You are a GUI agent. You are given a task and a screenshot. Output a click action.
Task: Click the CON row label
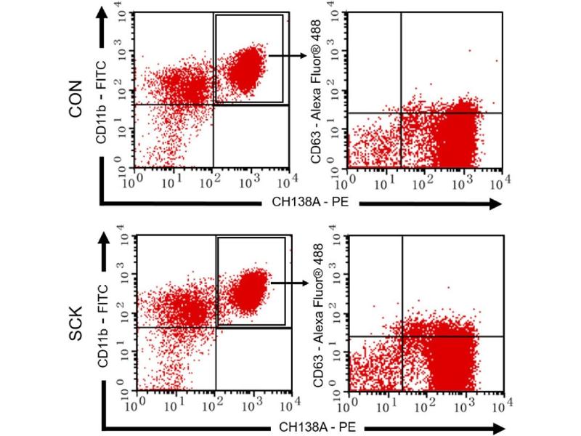coord(74,102)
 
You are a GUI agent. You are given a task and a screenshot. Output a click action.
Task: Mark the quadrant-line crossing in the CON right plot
coord(401,113)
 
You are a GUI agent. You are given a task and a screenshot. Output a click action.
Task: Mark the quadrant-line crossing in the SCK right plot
coord(402,336)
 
